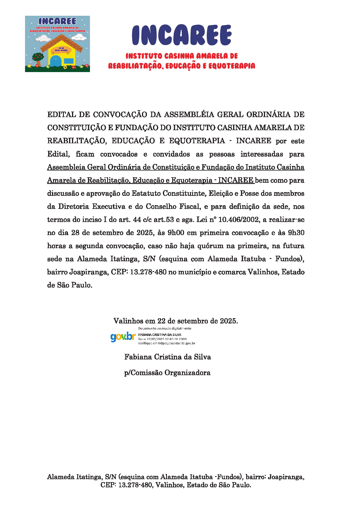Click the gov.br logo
point(123,337)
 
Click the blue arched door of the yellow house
point(57,62)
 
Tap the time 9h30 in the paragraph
point(296,233)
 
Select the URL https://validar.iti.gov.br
point(177,343)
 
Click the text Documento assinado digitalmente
point(165,328)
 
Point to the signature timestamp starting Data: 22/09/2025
point(162,339)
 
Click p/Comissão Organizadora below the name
point(167,373)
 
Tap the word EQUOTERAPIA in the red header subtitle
point(232,66)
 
